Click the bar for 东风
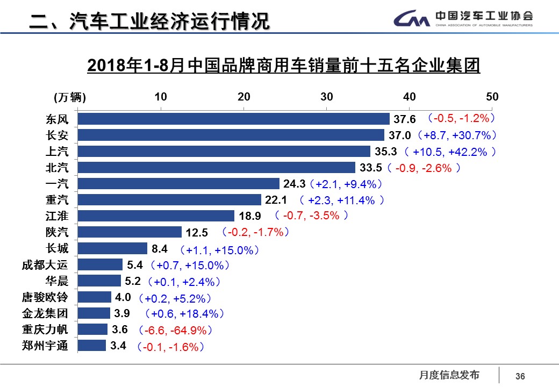point(234,119)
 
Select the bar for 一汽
point(178,184)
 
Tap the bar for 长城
point(112,248)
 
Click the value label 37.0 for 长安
point(399,135)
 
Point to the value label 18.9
point(249,216)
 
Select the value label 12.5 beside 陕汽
point(197,233)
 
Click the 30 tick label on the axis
point(327,97)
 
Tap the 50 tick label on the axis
point(492,97)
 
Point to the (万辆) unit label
point(69,97)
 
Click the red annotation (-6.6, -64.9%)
point(176,330)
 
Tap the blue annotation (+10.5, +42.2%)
point(450,152)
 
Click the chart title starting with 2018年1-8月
point(283,66)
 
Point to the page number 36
point(520,376)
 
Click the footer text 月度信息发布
point(449,375)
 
